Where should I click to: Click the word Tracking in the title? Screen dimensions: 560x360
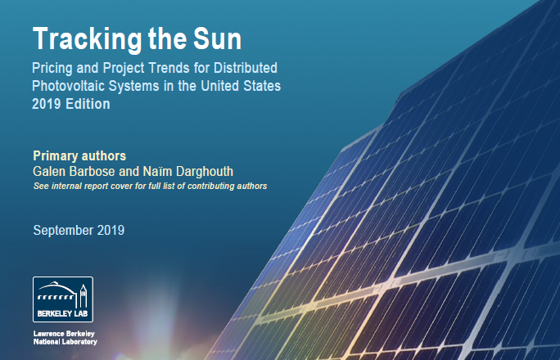88,39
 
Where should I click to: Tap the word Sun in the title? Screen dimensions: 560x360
218,38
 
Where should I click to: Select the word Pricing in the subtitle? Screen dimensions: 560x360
52,68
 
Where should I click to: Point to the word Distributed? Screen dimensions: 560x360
246,68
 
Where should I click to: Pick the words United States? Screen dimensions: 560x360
241,86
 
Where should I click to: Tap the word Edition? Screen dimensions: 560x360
88,104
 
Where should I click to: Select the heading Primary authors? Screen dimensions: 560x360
79,156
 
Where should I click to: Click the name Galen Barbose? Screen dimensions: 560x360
74,171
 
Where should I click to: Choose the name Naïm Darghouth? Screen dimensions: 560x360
187,171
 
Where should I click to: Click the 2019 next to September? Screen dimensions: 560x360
111,230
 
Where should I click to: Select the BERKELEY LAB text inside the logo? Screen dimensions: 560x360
62,313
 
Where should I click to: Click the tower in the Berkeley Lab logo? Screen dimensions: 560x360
84,296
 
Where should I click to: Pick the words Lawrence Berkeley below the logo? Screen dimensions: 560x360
64,334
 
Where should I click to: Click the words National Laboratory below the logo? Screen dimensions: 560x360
65,342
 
